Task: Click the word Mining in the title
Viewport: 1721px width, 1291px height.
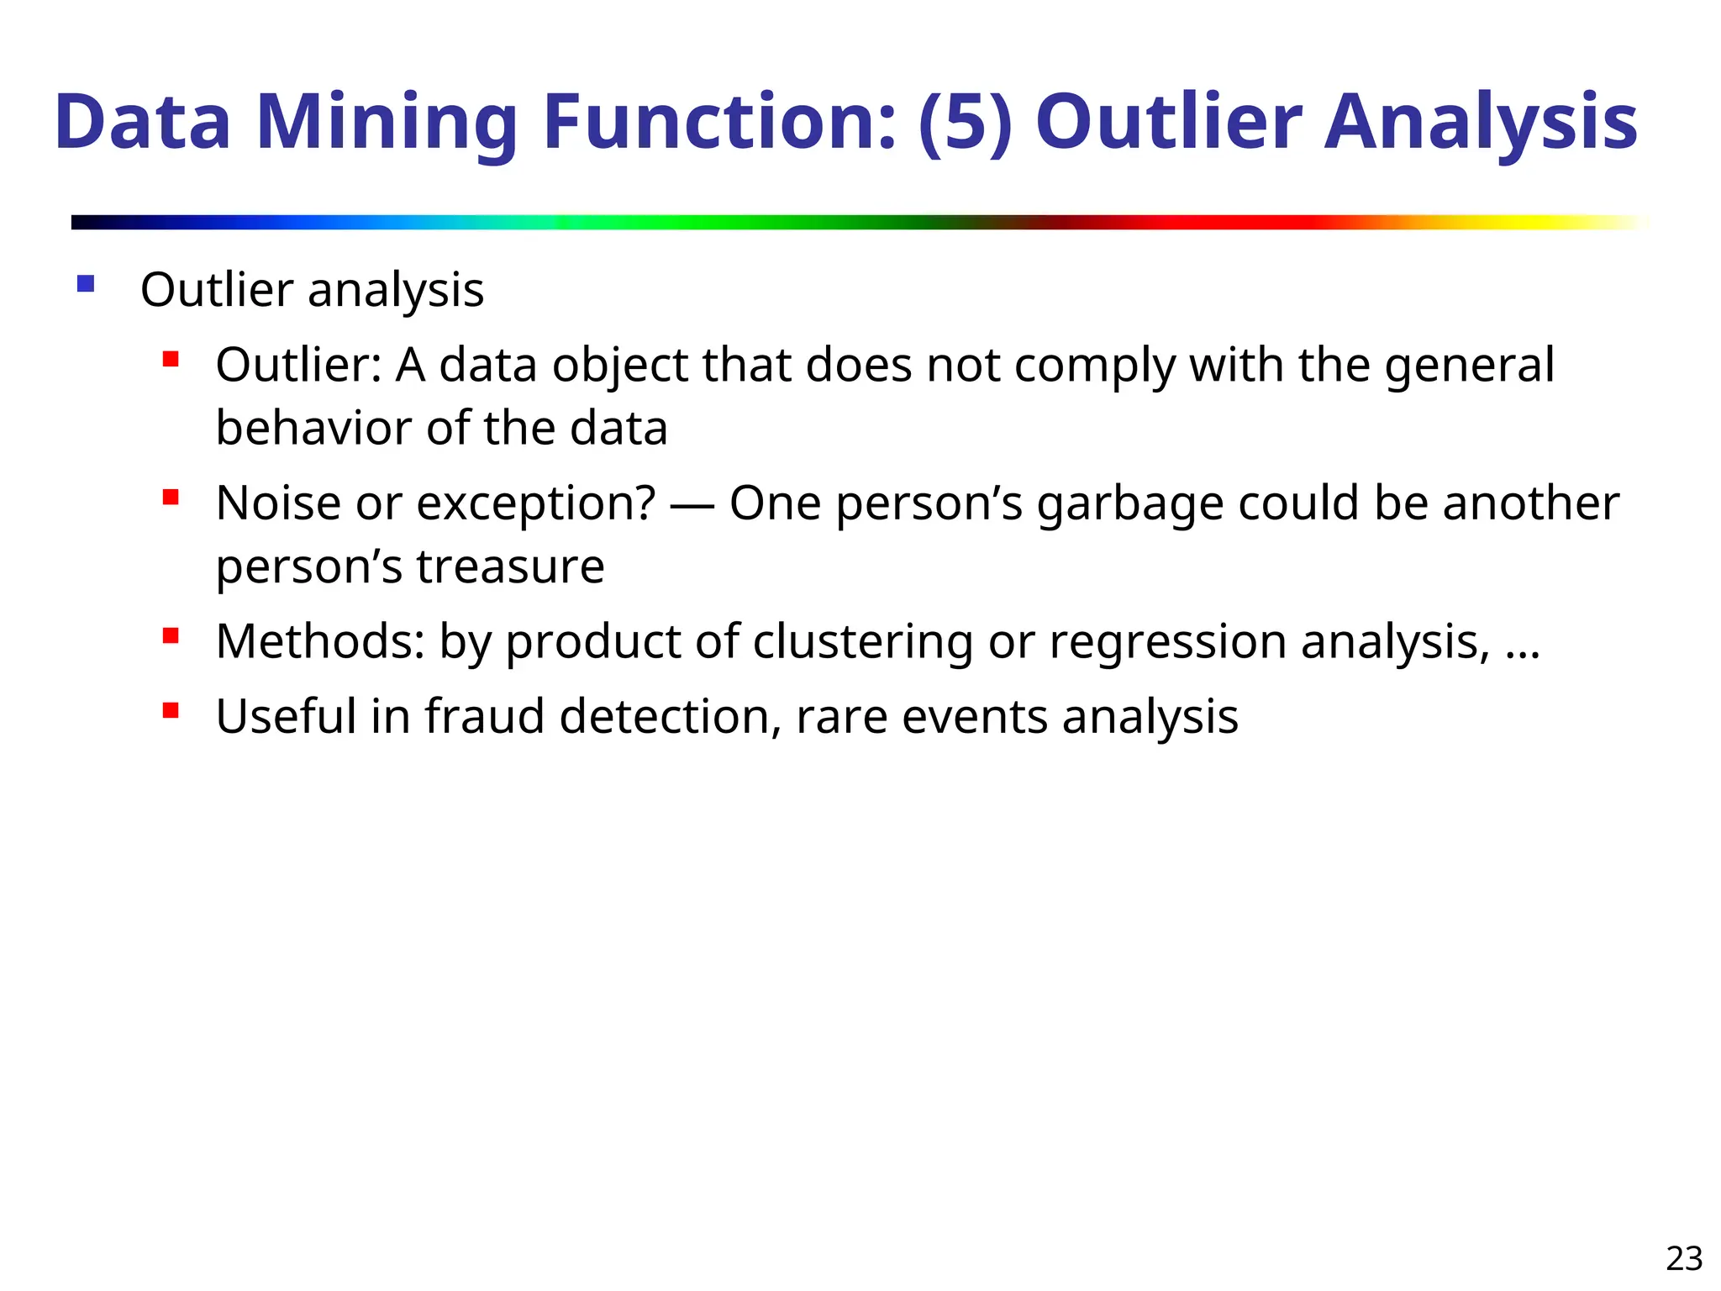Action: click(387, 123)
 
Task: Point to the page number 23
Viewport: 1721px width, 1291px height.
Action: click(1684, 1259)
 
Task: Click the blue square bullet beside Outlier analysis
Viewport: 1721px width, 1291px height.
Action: click(86, 284)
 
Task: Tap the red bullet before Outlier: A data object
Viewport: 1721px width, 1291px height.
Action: click(171, 361)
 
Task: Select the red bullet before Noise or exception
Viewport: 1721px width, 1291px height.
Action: click(171, 498)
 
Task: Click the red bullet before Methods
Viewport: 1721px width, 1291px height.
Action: click(171, 636)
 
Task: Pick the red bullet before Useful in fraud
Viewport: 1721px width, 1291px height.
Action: click(171, 712)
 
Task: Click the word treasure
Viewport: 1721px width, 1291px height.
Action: click(510, 566)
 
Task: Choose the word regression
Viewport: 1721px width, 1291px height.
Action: click(1168, 644)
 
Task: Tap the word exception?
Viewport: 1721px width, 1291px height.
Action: click(535, 504)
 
